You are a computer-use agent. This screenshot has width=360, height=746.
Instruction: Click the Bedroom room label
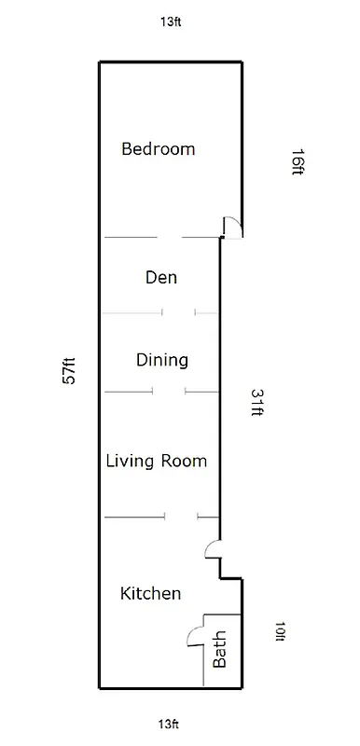pos(159,148)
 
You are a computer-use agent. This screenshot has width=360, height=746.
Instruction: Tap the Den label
pos(161,277)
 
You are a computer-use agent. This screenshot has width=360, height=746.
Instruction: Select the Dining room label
pos(162,360)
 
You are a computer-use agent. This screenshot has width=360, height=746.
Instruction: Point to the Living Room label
pos(156,461)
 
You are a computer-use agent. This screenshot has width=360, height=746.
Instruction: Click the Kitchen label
pos(151,593)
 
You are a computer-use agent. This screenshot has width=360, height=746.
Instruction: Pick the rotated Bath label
pos(221,650)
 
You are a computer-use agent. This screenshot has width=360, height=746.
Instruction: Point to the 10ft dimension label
pos(279,631)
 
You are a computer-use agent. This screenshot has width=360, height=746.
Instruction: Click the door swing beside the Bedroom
pos(234,227)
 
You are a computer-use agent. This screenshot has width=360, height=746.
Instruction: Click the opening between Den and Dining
pos(178,312)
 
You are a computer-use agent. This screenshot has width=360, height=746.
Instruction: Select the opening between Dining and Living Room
pos(168,392)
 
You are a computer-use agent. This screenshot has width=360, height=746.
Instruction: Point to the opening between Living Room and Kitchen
pos(181,516)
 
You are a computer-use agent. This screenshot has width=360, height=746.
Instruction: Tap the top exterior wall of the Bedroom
pos(171,62)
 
